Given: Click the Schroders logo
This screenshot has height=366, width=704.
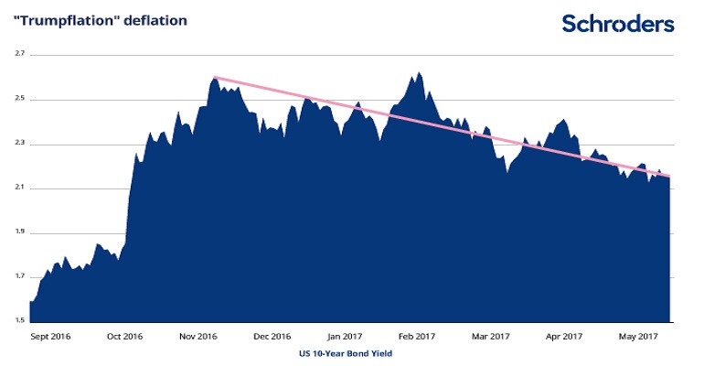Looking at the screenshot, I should pyautogui.click(x=617, y=23).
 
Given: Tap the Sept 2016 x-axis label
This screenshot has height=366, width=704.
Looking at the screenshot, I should pyautogui.click(x=51, y=336).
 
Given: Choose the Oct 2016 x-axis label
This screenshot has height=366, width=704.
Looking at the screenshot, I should pyautogui.click(x=124, y=336).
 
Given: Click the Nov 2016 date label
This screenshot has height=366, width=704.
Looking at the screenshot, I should pyautogui.click(x=197, y=336).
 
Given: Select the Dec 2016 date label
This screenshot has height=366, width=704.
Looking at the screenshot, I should pyautogui.click(x=272, y=336).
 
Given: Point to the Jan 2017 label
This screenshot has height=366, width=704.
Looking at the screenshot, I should pyautogui.click(x=345, y=336).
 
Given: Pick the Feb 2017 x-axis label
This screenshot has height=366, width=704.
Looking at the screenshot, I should pyautogui.click(x=417, y=336).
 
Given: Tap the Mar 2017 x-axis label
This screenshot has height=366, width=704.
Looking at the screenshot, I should pyautogui.click(x=490, y=336).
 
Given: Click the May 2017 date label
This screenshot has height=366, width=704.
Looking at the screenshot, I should pyautogui.click(x=636, y=336).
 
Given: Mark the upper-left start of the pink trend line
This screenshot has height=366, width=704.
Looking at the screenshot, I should pyautogui.click(x=214, y=78).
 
